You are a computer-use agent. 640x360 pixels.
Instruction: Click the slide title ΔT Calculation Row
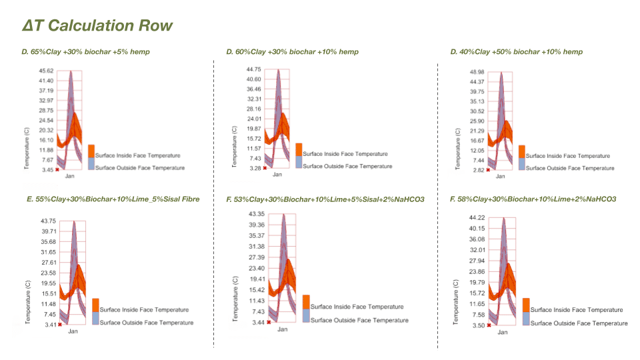coord(97,26)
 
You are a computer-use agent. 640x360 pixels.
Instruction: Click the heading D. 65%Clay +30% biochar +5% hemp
coord(85,51)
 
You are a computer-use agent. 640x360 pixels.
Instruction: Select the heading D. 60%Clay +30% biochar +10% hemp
coord(292,51)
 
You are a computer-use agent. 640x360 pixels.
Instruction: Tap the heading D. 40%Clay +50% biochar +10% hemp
coord(516,51)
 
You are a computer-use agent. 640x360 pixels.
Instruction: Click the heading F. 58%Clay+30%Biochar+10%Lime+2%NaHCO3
coord(533,199)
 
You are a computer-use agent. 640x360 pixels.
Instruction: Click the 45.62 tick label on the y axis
coord(46,71)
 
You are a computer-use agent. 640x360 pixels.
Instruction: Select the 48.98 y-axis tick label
coord(477,72)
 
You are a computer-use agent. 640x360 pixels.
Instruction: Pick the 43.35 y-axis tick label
coord(257,214)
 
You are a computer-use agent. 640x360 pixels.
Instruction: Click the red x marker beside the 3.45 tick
coord(58,170)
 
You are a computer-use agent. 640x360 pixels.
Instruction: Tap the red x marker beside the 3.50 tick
coord(489,325)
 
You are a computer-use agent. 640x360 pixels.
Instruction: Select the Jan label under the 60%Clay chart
coord(277,174)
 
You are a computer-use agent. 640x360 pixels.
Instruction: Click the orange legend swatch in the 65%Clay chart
coord(92,151)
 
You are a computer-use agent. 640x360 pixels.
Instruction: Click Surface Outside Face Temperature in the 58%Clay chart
coord(579,323)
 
